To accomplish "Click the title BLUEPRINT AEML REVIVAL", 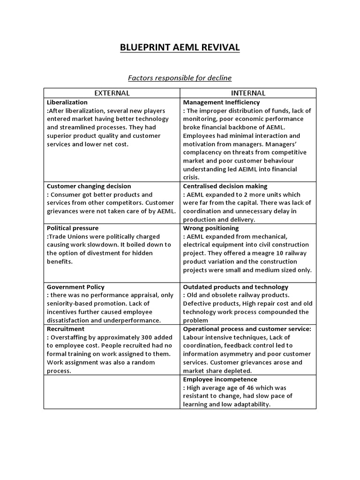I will click(180, 47).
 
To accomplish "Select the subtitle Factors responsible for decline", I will click(180, 77).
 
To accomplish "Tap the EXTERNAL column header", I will click(112, 93).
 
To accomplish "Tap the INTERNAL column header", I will click(248, 93).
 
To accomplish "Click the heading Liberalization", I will click(67, 102).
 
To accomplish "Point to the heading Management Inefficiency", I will click(221, 102).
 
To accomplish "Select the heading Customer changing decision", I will click(89, 186).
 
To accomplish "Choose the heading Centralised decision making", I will click(225, 186).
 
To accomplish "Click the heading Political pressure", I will click(73, 228).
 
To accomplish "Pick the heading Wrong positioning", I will click(211, 228).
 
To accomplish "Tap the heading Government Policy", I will click(75, 287).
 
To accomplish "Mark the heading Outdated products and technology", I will click(236, 287).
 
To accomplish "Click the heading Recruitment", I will click(66, 329).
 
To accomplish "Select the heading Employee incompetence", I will click(220, 379).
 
